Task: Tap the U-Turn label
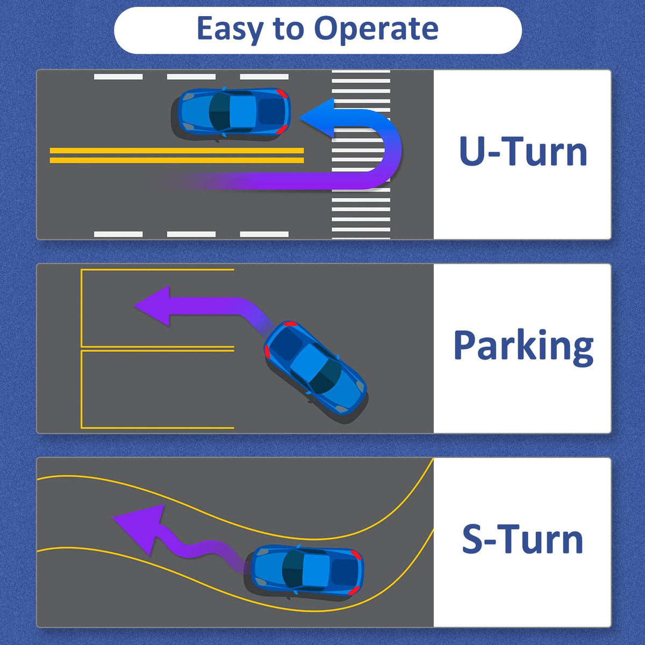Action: click(x=523, y=151)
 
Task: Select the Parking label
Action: click(x=524, y=347)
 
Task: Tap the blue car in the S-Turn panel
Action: click(x=306, y=571)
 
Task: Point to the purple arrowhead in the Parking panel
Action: click(x=152, y=306)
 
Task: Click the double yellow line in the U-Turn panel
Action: click(x=177, y=155)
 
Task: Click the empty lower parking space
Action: click(x=157, y=389)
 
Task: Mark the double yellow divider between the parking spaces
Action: click(x=157, y=349)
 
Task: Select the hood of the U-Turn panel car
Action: click(x=192, y=112)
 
